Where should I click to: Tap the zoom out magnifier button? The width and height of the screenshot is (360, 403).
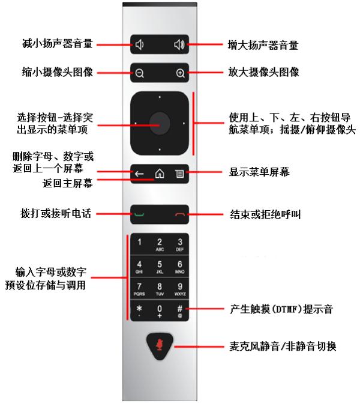coord(140,73)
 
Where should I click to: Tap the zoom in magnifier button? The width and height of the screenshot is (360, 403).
coord(179,73)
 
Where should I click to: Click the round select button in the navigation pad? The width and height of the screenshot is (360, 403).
coord(160,123)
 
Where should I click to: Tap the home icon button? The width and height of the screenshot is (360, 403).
coord(160,174)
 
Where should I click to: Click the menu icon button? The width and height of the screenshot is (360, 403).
coord(179,174)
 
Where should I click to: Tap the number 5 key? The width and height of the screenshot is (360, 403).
coord(160,266)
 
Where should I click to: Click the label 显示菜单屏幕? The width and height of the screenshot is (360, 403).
coord(260,172)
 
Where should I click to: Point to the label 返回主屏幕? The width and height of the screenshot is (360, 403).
coord(67,183)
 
